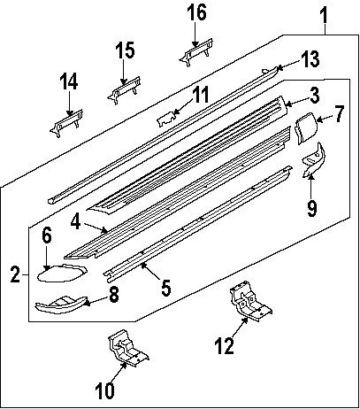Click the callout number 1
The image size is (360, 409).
click(324, 14)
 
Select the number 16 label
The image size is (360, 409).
click(196, 13)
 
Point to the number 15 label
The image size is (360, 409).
click(126, 49)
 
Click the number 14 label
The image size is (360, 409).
click(68, 82)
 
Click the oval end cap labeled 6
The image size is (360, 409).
click(57, 272)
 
